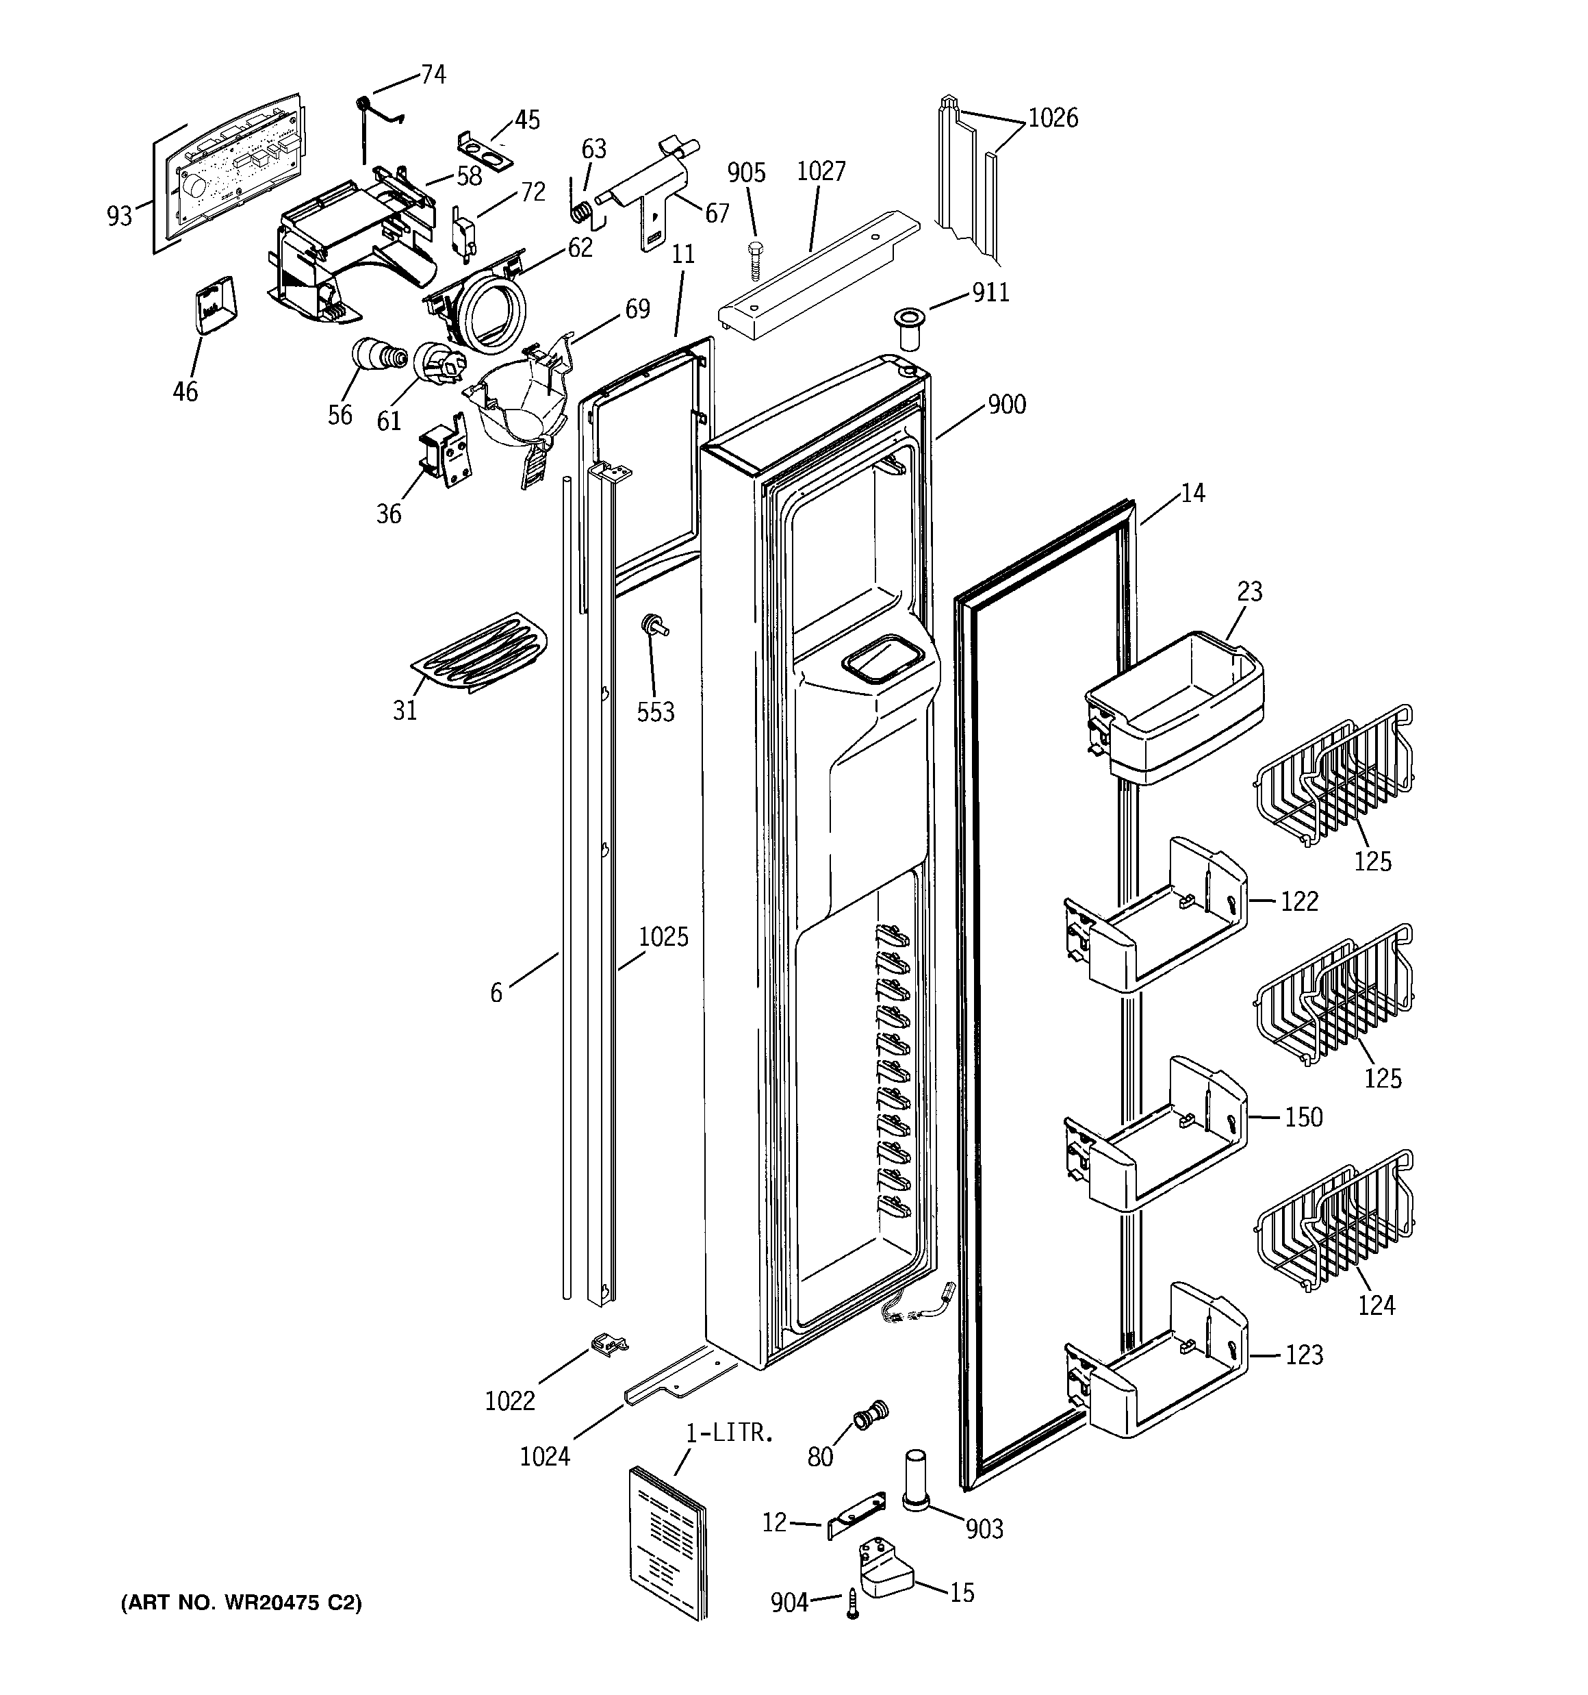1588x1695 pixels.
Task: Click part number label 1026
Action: pos(1053,118)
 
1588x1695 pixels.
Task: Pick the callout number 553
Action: pos(656,712)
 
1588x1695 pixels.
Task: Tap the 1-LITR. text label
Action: pos(730,1433)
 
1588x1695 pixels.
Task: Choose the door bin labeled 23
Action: pos(1177,707)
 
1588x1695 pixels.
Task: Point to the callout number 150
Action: pos(1303,1117)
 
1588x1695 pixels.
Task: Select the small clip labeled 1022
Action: pos(608,1344)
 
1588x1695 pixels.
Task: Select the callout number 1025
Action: pos(663,937)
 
